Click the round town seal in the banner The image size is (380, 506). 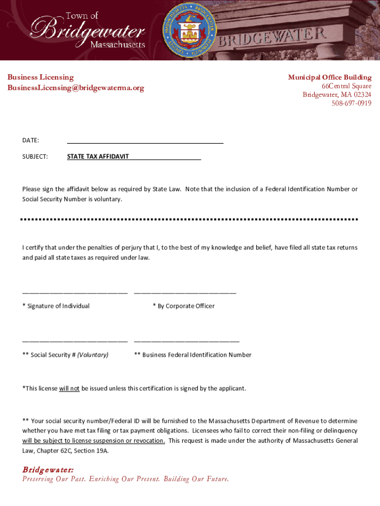190,30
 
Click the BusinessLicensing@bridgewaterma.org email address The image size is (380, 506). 76,88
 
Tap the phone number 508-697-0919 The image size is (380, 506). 351,103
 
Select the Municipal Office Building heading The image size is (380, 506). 330,77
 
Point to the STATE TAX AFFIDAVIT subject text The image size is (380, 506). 98,157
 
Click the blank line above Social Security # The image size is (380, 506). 75,341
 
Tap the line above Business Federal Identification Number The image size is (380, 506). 187,341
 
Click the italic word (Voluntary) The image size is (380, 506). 93,355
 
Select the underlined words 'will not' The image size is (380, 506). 69,388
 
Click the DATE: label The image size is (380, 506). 31,140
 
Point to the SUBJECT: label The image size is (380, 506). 35,157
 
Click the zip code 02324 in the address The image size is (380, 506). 362,95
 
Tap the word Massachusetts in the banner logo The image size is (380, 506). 117,44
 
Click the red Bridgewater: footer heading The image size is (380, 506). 48,469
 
